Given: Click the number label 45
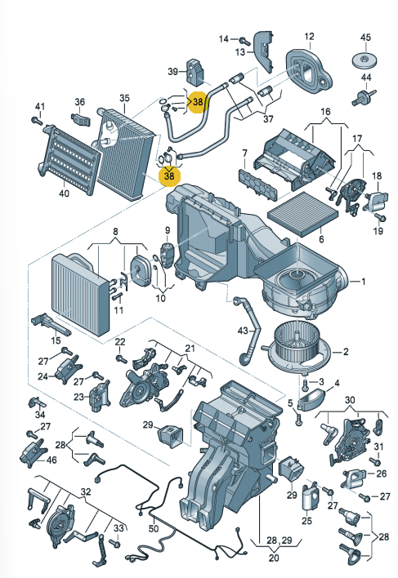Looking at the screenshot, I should click(365, 37).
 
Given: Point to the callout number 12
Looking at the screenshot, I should click(310, 37).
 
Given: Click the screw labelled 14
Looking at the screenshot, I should click(244, 38).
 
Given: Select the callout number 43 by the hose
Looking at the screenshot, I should click(242, 331).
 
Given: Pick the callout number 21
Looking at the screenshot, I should click(190, 349).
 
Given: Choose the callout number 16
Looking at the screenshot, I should click(324, 111).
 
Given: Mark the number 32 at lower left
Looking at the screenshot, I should click(84, 492).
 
